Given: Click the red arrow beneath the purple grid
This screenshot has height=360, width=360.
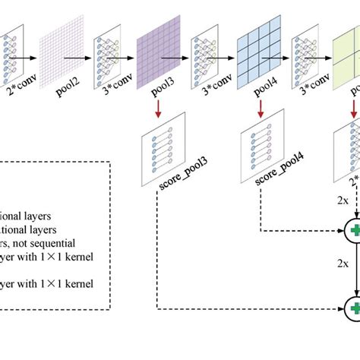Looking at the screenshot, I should [157, 112].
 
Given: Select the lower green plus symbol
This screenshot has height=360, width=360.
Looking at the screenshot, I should [354, 287].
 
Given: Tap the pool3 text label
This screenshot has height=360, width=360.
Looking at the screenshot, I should [156, 93].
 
